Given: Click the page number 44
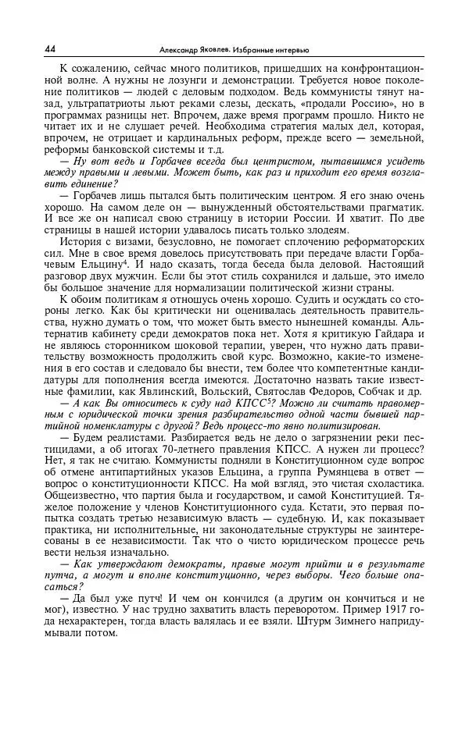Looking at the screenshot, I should click(x=52, y=49).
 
